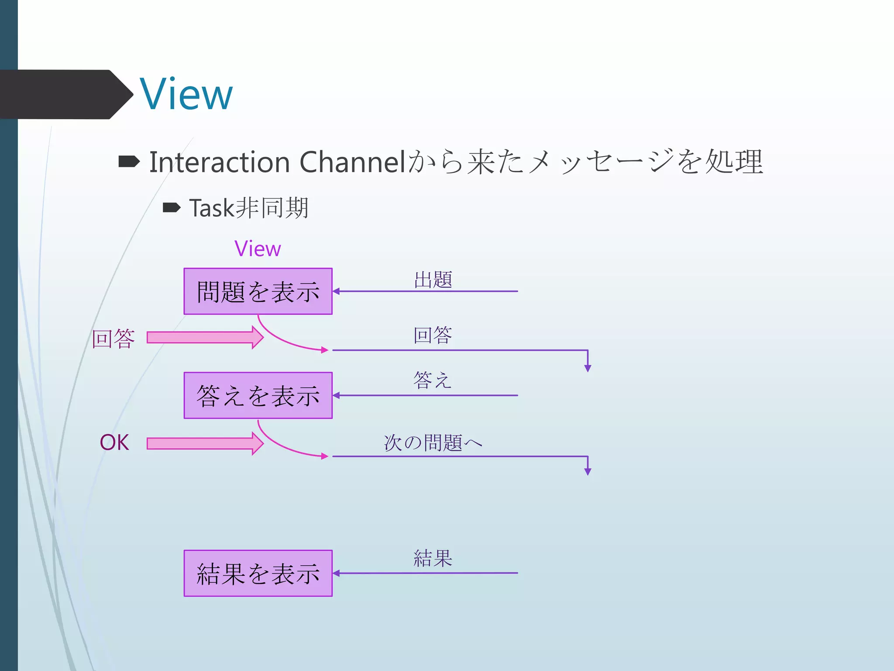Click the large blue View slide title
point(186,94)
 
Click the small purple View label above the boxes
point(258,249)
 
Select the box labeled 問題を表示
point(258,291)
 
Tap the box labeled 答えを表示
point(258,395)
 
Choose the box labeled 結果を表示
point(258,573)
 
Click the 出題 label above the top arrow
point(433,280)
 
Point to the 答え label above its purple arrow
point(432,380)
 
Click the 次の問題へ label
point(433,443)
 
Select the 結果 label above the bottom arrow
point(433,558)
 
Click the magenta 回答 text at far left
point(113,339)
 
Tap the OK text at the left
point(114,443)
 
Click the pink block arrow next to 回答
point(205,337)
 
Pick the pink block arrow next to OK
point(205,444)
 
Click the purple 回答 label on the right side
point(433,335)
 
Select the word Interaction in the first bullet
point(220,163)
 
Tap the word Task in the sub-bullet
point(212,208)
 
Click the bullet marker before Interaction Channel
point(129,162)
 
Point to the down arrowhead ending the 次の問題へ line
point(588,471)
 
